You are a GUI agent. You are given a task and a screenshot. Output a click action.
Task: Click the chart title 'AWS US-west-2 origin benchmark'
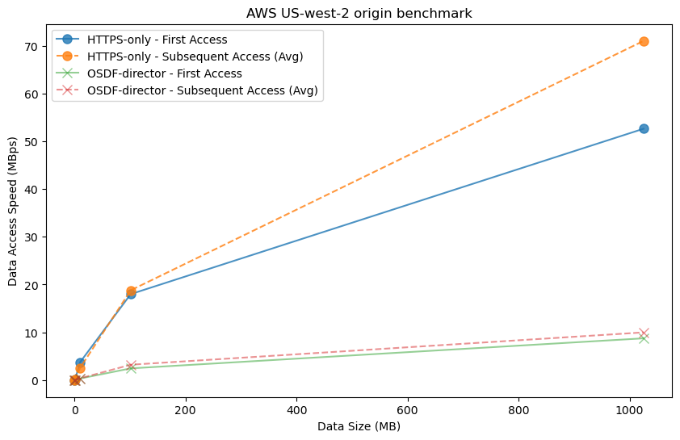pyautogui.click(x=359, y=13)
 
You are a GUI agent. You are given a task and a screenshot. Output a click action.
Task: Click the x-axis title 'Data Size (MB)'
pyautogui.click(x=359, y=427)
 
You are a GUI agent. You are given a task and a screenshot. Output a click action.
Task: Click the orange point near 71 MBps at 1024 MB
pyautogui.click(x=644, y=41)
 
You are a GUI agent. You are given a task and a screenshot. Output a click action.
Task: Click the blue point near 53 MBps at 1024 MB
pyautogui.click(x=644, y=128)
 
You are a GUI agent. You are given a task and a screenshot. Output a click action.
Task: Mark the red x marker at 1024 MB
pyautogui.click(x=644, y=333)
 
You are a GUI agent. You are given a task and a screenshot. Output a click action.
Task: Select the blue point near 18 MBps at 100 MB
pyautogui.click(x=131, y=294)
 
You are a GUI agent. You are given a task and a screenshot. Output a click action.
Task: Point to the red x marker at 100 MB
pyautogui.click(x=131, y=365)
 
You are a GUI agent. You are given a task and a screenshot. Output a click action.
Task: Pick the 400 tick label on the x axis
pyautogui.click(x=297, y=409)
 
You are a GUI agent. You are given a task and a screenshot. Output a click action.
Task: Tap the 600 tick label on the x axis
pyautogui.click(x=408, y=409)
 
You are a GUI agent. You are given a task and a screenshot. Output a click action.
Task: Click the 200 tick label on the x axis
pyautogui.click(x=186, y=409)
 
